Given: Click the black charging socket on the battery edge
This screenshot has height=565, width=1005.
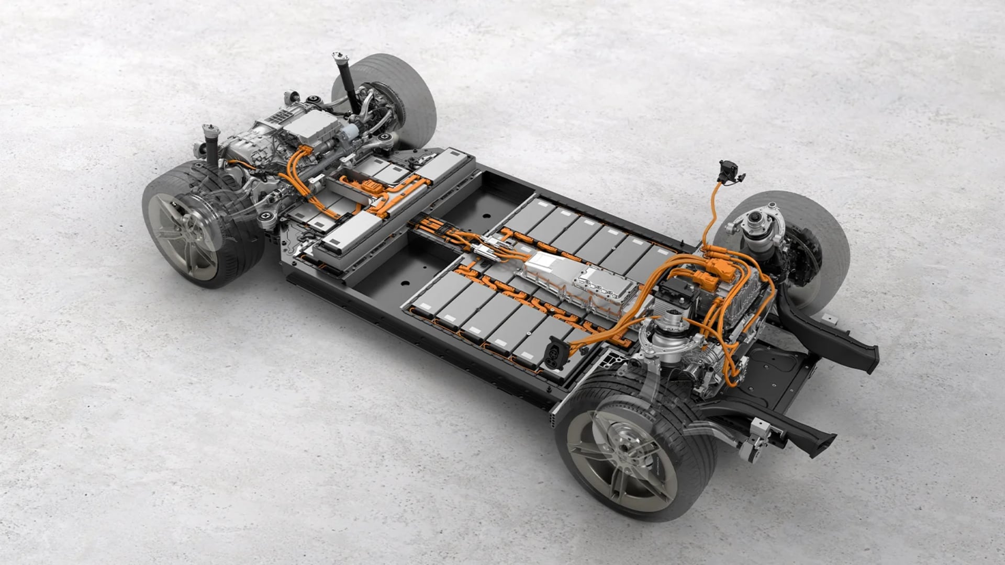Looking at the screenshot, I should coord(555,353).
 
